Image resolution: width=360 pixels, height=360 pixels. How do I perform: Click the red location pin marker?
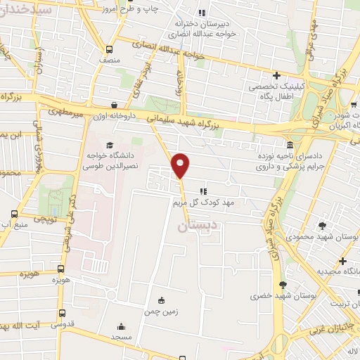(x=181, y=165)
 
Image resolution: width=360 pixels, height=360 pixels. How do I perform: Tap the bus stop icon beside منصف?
(x=108, y=49)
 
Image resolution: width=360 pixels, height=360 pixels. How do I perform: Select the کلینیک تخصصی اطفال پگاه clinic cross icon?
(x=276, y=75)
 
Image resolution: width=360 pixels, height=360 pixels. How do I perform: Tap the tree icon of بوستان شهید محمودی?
(x=323, y=226)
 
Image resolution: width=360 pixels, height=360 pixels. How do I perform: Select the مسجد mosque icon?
(x=122, y=327)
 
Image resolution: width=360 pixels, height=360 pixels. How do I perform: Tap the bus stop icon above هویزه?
(x=61, y=268)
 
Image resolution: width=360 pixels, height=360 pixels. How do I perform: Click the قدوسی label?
(x=63, y=326)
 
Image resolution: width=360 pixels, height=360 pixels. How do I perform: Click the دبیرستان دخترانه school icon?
(x=202, y=13)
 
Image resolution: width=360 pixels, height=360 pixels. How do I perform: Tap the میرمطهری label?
(x=65, y=111)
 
